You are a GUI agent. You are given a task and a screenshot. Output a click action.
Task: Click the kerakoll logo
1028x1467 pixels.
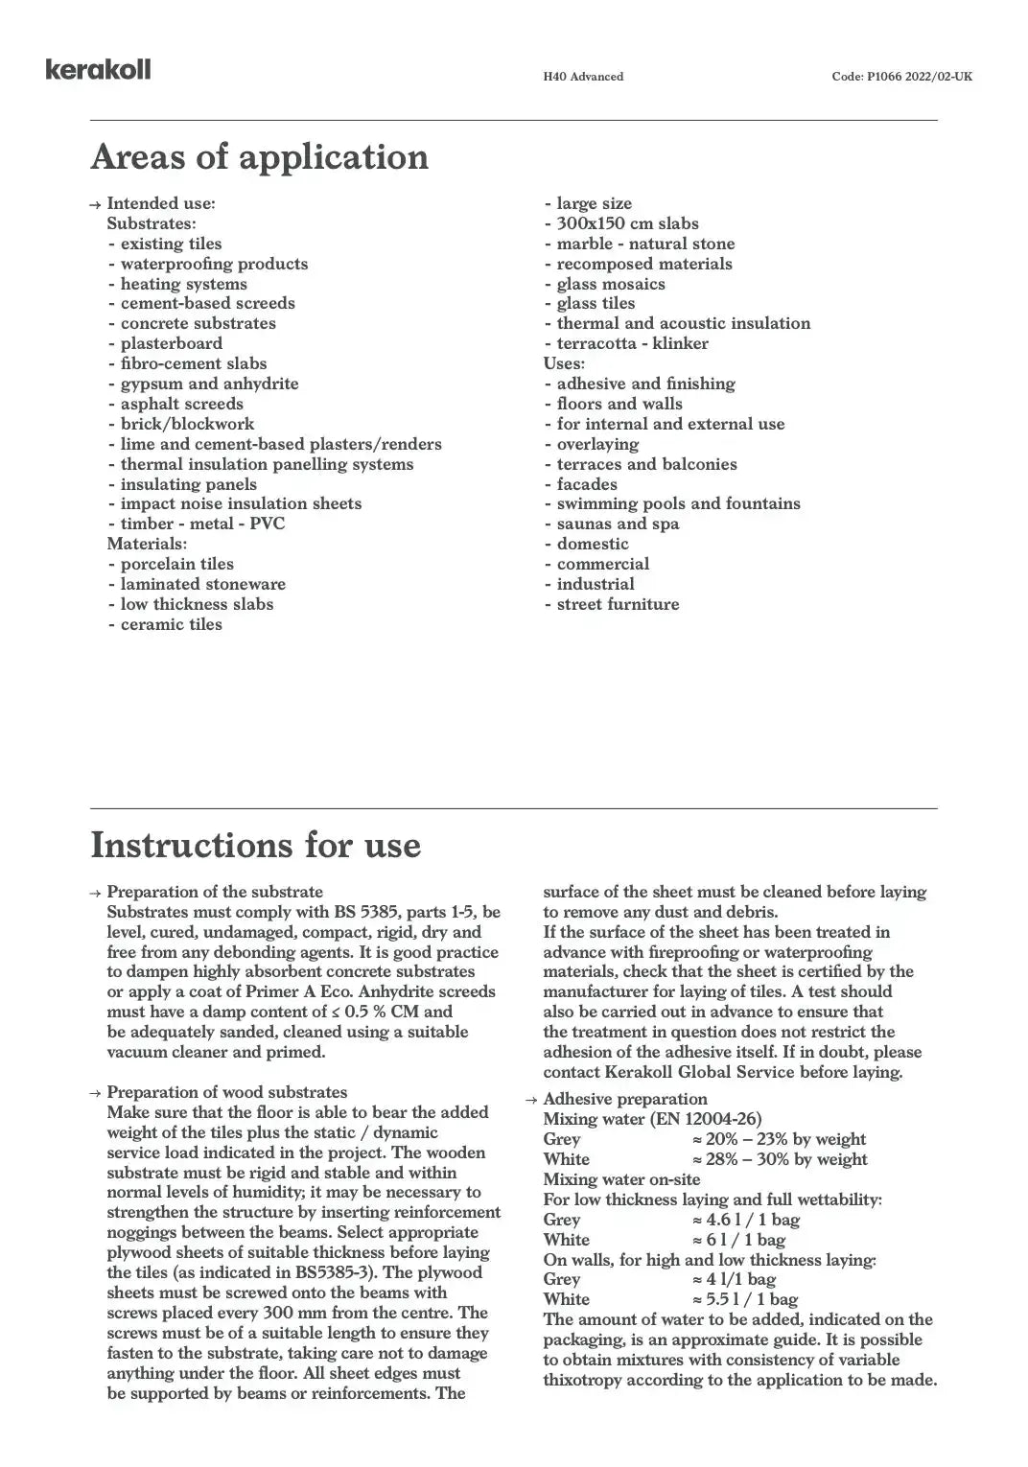pyautogui.click(x=98, y=69)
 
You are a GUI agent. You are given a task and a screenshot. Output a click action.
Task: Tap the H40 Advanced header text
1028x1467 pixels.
pyautogui.click(x=583, y=77)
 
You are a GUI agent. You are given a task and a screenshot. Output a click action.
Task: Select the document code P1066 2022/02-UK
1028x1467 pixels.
pyautogui.click(x=901, y=77)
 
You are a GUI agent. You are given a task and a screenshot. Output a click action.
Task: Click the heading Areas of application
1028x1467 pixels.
pyautogui.click(x=259, y=157)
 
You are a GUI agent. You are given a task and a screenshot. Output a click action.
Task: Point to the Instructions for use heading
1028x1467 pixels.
pyautogui.click(x=255, y=846)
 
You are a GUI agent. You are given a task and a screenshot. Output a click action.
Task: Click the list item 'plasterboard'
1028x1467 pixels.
pyautogui.click(x=171, y=343)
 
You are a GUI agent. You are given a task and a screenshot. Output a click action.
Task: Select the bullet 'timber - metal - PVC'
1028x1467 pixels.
pyautogui.click(x=202, y=524)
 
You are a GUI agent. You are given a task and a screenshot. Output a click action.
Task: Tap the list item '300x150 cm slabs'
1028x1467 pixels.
pyautogui.click(x=627, y=223)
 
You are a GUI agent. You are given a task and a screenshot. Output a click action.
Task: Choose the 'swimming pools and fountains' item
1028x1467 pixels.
pyautogui.click(x=678, y=503)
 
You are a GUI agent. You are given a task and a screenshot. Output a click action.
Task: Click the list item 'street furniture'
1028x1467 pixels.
pyautogui.click(x=618, y=604)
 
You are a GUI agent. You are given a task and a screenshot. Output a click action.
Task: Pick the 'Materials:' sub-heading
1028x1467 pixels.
pyautogui.click(x=147, y=544)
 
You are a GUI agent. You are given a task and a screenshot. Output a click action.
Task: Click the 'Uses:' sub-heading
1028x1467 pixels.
pyautogui.click(x=564, y=363)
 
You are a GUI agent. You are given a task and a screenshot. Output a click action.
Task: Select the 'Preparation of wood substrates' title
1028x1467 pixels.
pyautogui.click(x=226, y=1092)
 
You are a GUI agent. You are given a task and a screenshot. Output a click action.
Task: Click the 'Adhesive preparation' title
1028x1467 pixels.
pyautogui.click(x=625, y=1099)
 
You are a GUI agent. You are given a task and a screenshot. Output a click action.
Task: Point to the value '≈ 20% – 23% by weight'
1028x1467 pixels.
pyautogui.click(x=779, y=1139)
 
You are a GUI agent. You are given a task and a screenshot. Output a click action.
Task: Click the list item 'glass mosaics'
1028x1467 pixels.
pyautogui.click(x=611, y=284)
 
